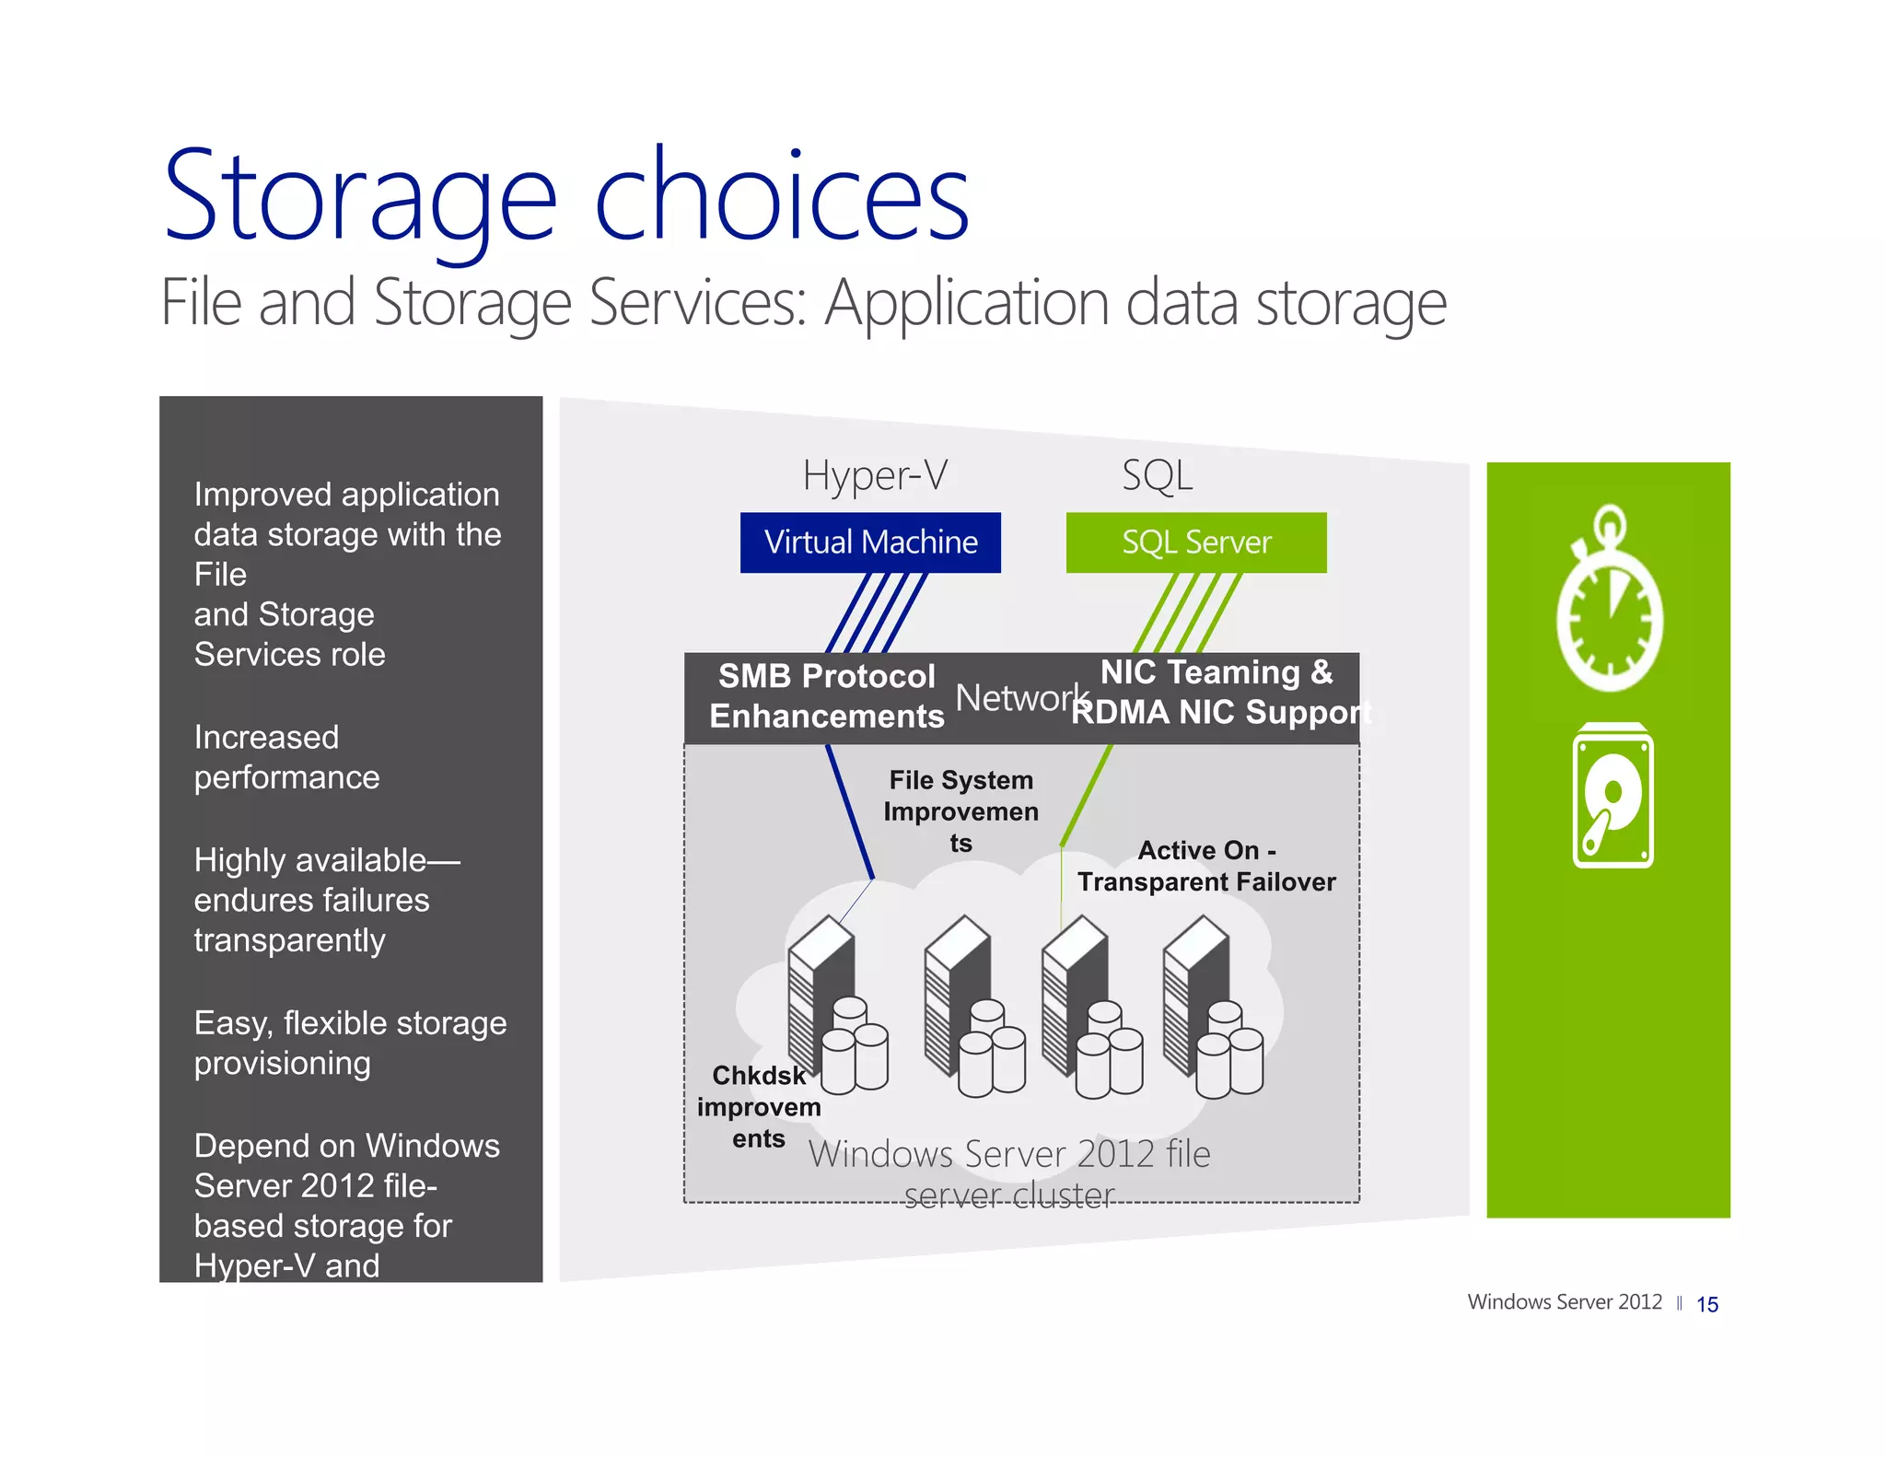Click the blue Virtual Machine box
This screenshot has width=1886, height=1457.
coord(870,542)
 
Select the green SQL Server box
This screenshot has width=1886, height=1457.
coord(1195,542)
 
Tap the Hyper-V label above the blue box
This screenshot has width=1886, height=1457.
coord(874,475)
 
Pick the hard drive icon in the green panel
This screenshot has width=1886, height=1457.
coord(1612,797)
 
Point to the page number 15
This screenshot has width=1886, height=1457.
coord(1706,1304)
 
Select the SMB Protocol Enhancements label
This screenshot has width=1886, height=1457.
coord(826,696)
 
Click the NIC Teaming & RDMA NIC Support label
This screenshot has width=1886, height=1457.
coord(1218,693)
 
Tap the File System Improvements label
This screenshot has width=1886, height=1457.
coord(960,811)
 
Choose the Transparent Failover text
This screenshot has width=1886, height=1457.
coord(1206,882)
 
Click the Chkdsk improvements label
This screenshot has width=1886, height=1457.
coord(759,1106)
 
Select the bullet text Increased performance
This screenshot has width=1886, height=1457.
coord(286,757)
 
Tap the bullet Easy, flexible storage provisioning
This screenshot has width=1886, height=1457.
coord(349,1043)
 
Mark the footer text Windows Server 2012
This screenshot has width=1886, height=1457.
coord(1564,1302)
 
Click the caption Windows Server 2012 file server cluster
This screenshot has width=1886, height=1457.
coord(1009,1174)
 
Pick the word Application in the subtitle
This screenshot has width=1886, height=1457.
coord(967,303)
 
